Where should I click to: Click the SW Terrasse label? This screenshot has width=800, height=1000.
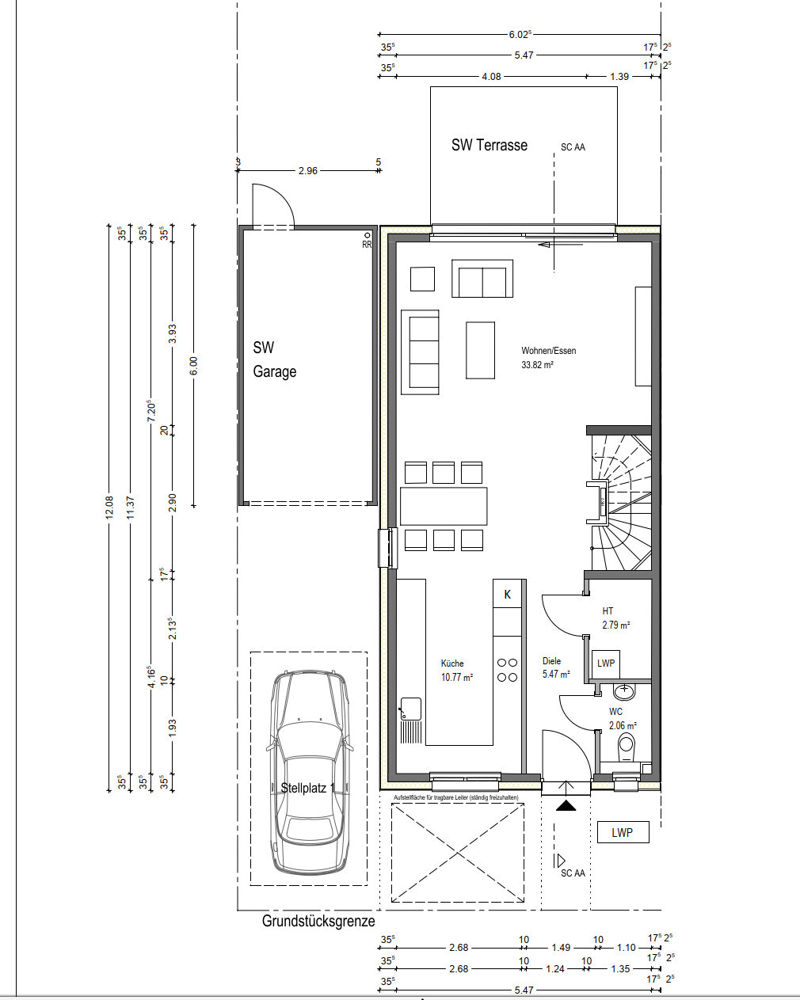tap(489, 145)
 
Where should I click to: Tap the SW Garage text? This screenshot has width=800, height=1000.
tap(274, 359)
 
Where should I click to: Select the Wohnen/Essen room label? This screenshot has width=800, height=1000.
tap(549, 351)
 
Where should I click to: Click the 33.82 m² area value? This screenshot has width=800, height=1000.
tap(537, 365)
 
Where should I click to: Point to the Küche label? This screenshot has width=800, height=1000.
tap(452, 663)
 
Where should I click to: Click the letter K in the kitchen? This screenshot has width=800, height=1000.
tap(507, 594)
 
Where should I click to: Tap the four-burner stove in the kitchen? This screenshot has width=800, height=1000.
tap(507, 670)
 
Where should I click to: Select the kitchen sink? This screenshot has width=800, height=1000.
tap(410, 709)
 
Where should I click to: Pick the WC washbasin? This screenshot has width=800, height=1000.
tap(624, 692)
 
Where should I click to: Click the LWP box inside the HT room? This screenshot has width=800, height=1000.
tap(606, 663)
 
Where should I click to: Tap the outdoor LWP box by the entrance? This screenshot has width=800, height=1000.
tap(623, 832)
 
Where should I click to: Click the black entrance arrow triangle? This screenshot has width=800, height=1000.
tap(566, 806)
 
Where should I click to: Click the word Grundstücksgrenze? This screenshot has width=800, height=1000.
tap(318, 921)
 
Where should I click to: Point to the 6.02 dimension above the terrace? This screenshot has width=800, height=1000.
tap(520, 34)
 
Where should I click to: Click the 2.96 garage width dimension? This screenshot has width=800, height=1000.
tap(308, 170)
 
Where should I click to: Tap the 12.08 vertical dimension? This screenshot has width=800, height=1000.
tap(109, 507)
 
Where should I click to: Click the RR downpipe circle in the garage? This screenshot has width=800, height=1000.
tap(368, 236)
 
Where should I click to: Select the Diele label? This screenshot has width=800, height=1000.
tap(551, 661)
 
